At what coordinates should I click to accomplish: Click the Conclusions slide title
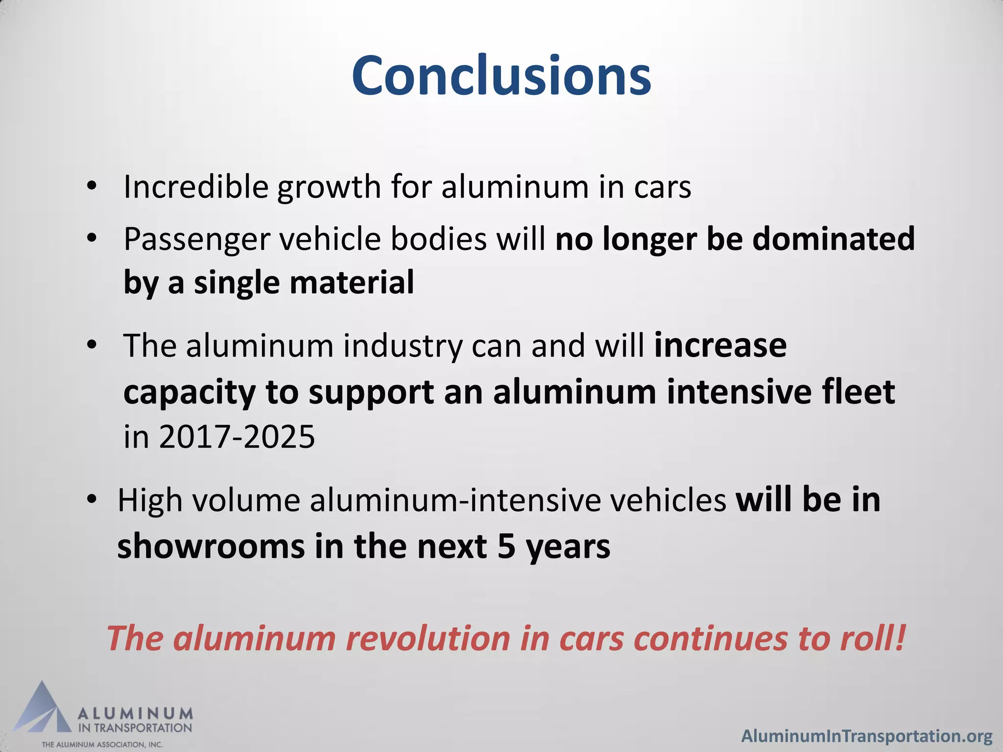pyautogui.click(x=501, y=76)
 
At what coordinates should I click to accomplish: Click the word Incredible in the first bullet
pyautogui.click(x=196, y=187)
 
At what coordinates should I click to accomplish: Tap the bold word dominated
pyautogui.click(x=833, y=239)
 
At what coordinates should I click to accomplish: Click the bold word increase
pyautogui.click(x=720, y=346)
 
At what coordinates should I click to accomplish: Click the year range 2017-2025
pyautogui.click(x=237, y=437)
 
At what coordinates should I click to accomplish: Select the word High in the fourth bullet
pyautogui.click(x=150, y=501)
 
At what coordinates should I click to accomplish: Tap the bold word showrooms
pyautogui.click(x=211, y=546)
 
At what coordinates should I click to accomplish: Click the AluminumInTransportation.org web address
pyautogui.click(x=867, y=736)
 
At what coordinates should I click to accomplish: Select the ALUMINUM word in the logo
pyautogui.click(x=136, y=713)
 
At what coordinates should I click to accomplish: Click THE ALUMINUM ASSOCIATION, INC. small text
pyautogui.click(x=102, y=745)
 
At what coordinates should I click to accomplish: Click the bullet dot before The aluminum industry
pyautogui.click(x=91, y=346)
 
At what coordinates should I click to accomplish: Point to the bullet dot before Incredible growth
pyautogui.click(x=91, y=187)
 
